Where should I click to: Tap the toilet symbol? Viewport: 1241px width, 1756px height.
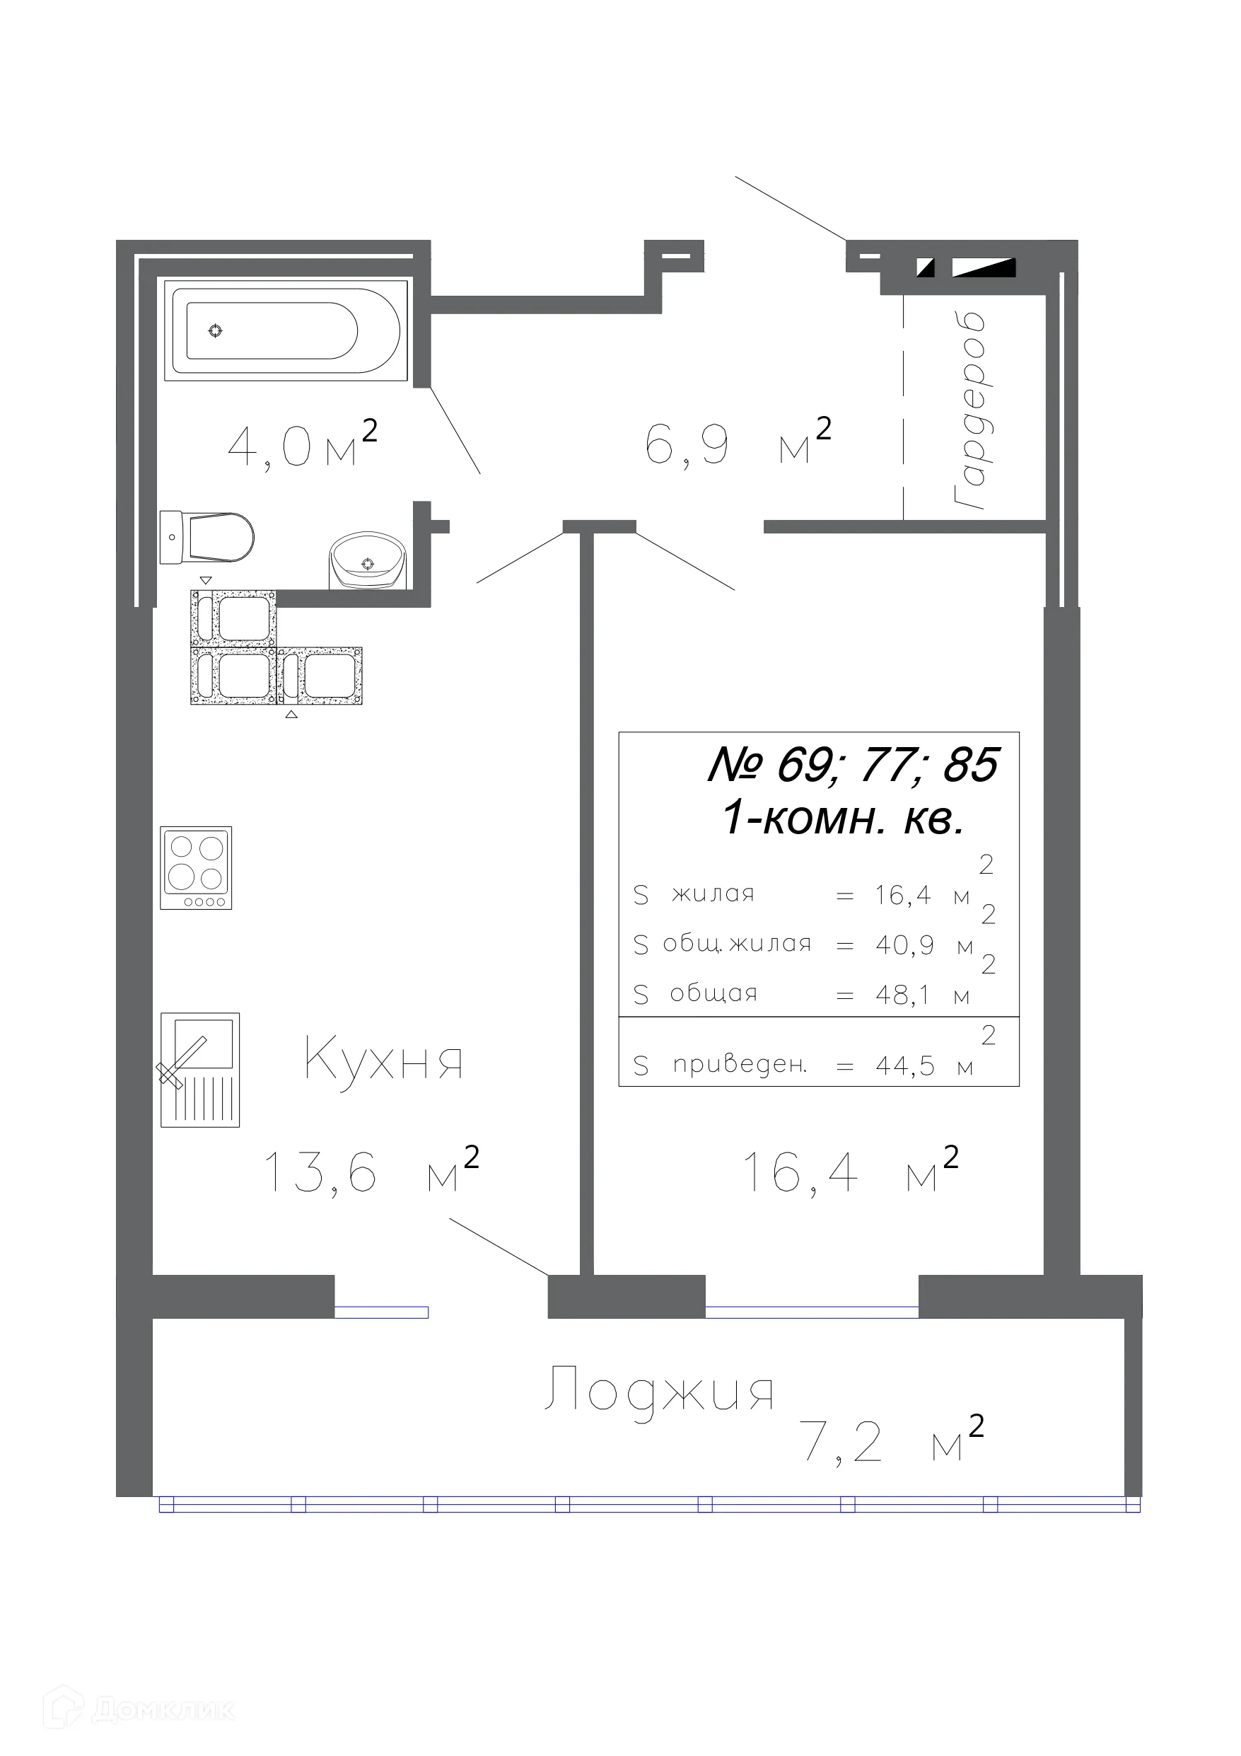[x=208, y=537]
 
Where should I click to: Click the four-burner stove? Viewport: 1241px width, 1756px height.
[x=196, y=867]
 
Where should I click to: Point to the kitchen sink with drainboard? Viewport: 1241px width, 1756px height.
[x=199, y=1070]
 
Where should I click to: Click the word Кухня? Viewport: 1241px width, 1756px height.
[x=383, y=1060]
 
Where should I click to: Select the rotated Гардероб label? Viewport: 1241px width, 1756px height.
[x=969, y=411]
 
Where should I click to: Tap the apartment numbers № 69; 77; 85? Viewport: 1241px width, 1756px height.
[x=853, y=764]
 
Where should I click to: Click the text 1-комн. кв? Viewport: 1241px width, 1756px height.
[x=842, y=819]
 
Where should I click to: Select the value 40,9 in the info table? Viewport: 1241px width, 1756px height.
[x=904, y=945]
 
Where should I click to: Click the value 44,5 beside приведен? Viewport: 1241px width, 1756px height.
[x=904, y=1065]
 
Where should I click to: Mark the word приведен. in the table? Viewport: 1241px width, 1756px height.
[x=740, y=1065]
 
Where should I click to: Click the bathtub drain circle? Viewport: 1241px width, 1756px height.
[x=216, y=330]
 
